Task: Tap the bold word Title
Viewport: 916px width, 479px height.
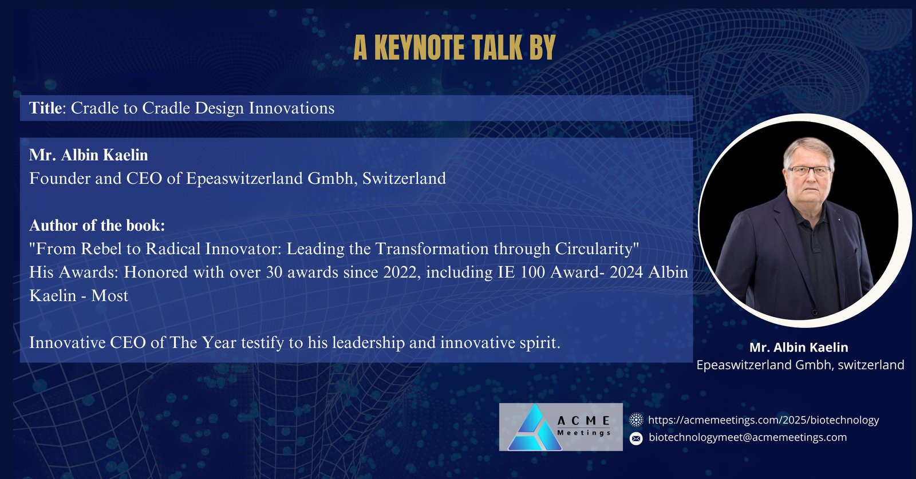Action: click(x=45, y=108)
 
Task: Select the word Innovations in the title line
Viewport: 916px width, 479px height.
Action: click(x=291, y=108)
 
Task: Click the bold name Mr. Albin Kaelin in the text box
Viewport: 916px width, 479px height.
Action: click(x=89, y=155)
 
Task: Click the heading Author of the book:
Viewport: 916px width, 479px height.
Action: click(x=97, y=225)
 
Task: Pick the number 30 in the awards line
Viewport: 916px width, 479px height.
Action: click(x=274, y=272)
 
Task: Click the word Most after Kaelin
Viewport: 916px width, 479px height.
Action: click(x=109, y=295)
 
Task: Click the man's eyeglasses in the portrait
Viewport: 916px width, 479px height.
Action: click(x=809, y=171)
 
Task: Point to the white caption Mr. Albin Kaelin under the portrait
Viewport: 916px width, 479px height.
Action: click(x=799, y=347)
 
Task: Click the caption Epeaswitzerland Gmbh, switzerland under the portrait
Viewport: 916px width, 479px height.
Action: click(x=800, y=365)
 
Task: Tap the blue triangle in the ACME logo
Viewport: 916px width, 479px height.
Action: click(x=535, y=427)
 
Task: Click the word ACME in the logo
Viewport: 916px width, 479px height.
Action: click(x=583, y=421)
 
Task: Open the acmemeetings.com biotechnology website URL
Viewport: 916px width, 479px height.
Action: click(x=764, y=420)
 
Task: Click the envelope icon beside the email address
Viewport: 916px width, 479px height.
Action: click(x=636, y=438)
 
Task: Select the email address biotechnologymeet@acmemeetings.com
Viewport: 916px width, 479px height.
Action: click(x=748, y=437)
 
